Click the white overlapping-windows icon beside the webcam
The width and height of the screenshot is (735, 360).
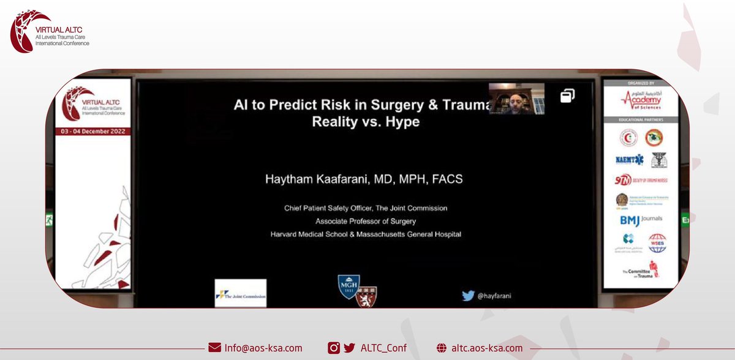[x=567, y=96]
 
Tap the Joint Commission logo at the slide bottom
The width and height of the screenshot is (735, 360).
[x=240, y=293]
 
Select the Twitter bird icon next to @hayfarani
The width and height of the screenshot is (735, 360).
[x=469, y=296]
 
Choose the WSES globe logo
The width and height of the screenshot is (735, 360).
[x=657, y=242]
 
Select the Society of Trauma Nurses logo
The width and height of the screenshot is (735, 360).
[x=641, y=180]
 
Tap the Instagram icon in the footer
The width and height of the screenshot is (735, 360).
[x=334, y=348]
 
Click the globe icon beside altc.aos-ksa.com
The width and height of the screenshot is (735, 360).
[x=441, y=348]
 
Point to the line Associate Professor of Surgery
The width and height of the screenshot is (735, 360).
[x=366, y=221]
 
